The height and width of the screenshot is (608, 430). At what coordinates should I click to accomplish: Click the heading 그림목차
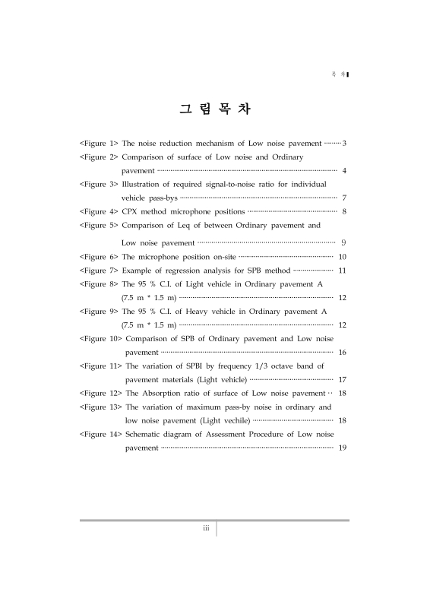point(215,109)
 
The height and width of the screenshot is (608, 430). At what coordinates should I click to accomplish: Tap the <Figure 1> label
point(99,143)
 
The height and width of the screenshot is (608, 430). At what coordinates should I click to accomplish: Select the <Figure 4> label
point(99,211)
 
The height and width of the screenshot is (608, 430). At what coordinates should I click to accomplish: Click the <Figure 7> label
point(99,271)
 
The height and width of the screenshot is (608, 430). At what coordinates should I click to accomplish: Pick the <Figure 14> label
point(100,435)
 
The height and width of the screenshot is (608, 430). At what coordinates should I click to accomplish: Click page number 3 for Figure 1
point(344,143)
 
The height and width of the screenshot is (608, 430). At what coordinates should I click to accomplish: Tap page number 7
point(344,198)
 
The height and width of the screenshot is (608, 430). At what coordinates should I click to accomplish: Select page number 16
point(342,353)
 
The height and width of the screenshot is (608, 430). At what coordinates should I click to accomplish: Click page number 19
point(342,448)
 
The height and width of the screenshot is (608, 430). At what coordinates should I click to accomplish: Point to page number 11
point(342,271)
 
